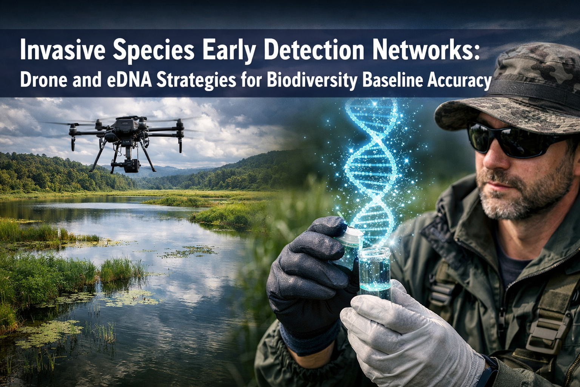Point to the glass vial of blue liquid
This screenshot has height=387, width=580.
[x=374, y=270]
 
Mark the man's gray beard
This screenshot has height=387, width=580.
[x=525, y=197]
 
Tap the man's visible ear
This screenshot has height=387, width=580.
[x=576, y=151]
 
